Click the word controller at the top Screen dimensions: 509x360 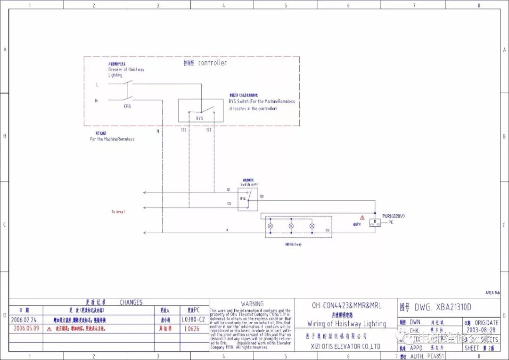tap(212, 63)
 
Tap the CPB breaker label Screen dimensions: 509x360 tap(127, 106)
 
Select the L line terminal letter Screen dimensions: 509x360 tap(97, 85)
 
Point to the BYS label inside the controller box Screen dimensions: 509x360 tap(199, 118)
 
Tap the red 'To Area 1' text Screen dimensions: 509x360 tap(119, 212)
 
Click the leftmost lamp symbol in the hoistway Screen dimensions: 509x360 tap(271, 226)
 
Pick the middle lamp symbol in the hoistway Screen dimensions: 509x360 tap(291, 226)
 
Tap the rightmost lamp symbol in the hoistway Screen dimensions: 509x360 tap(312, 226)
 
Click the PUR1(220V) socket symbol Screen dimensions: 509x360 tap(375, 222)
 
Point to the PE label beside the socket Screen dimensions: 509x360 tap(391, 222)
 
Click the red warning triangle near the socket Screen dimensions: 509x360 tap(362, 217)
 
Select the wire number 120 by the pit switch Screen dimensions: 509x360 tap(262, 196)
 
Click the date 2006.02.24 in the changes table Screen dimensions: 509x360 tap(24, 319)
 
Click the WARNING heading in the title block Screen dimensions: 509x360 tap(252, 304)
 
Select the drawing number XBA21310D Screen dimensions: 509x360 tap(443, 307)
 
